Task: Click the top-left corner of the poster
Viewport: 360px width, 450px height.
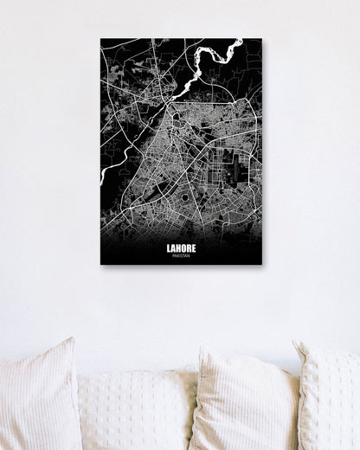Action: point(100,38)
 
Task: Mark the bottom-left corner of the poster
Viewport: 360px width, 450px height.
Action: point(100,264)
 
